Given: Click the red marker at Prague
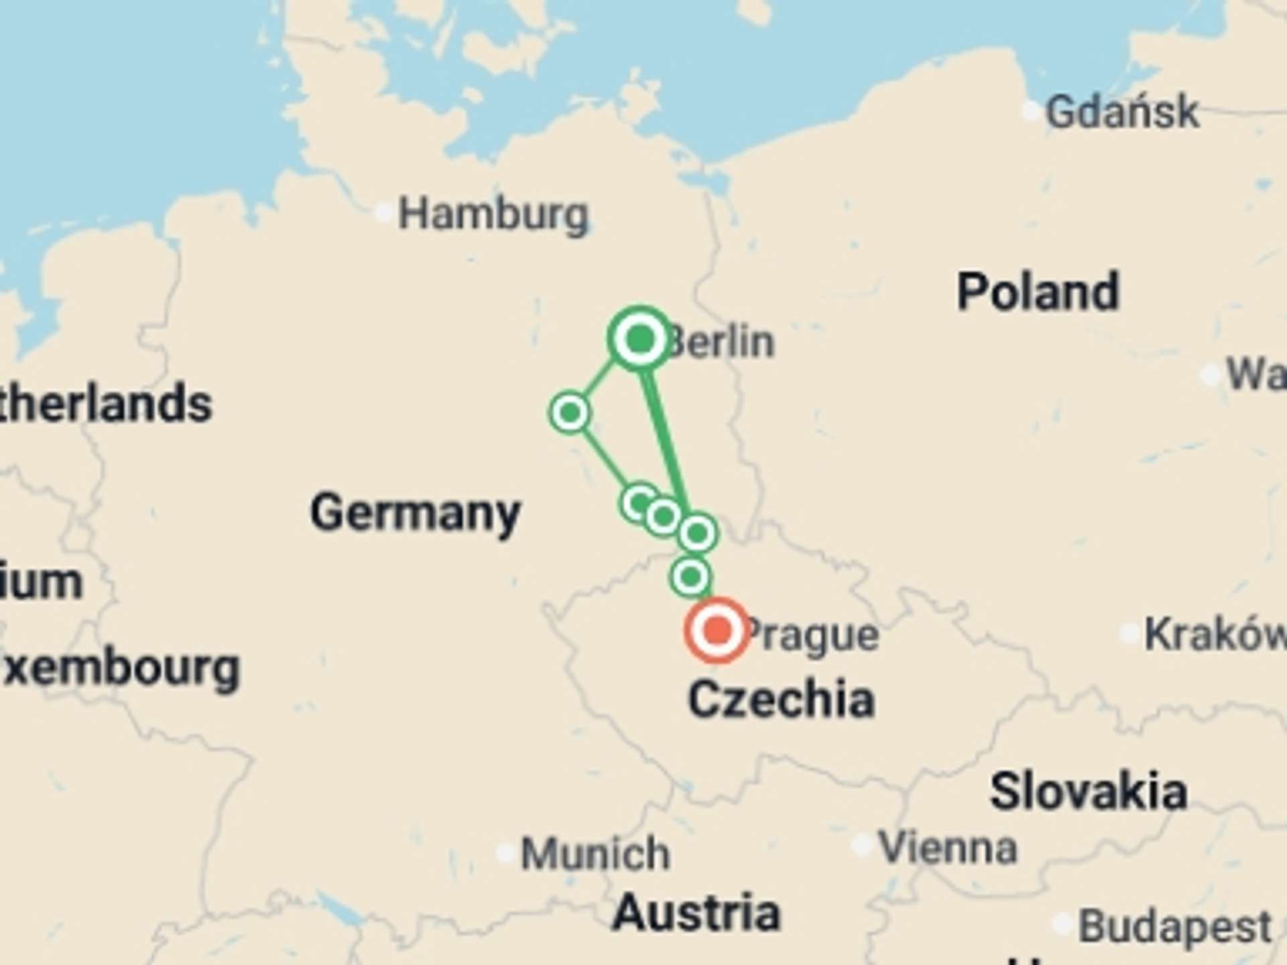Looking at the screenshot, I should point(717,631).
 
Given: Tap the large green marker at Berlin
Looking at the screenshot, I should point(640,338).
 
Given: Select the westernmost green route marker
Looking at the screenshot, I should point(570,412).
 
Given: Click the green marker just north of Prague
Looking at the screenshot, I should point(690,576).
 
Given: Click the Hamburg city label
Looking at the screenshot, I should point(493,215).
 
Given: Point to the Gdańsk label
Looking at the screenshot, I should point(1122,111).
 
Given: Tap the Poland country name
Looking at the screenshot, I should point(1038,292).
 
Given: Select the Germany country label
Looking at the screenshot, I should point(415,513).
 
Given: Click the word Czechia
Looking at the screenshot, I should point(782,699).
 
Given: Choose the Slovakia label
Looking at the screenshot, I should point(1089,791).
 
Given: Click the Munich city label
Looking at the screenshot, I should point(595,854).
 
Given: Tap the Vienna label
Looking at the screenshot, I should point(948,847).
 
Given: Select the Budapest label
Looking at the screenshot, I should point(1174,927).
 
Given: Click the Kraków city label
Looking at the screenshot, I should point(1213,633).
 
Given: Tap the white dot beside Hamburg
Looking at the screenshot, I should point(383,213).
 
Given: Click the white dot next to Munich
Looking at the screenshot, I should point(506,854).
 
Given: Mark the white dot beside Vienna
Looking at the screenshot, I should point(863,846).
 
